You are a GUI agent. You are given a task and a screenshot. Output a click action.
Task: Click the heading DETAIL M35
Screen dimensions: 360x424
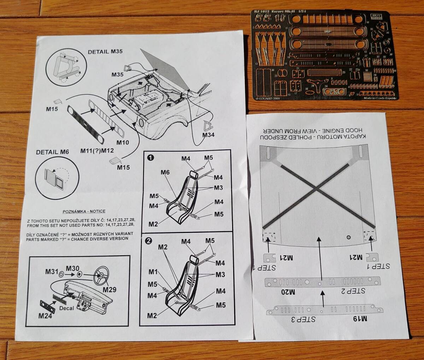pos(105,52)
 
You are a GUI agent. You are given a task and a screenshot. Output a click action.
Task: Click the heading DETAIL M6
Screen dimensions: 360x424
pos(52,152)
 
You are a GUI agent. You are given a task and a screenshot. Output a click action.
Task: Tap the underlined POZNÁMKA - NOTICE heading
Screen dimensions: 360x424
pos(84,211)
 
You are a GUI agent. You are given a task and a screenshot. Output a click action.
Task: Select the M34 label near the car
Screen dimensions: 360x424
pos(208,134)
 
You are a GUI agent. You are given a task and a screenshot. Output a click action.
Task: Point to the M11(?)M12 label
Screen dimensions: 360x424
pos(97,151)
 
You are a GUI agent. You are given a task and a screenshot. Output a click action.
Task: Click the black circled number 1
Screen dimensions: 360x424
pos(151,158)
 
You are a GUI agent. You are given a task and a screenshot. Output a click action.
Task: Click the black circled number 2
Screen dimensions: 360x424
pos(149,241)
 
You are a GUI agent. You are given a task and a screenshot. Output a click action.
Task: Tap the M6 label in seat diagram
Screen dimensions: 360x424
pos(165,172)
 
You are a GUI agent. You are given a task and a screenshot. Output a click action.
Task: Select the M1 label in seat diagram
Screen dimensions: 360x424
pos(153,272)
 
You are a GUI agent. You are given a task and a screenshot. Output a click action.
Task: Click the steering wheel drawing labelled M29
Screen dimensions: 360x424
pos(101,275)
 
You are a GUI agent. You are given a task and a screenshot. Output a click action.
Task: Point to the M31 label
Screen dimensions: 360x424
pos(52,271)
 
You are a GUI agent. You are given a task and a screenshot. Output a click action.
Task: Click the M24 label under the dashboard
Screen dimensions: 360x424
pos(45,315)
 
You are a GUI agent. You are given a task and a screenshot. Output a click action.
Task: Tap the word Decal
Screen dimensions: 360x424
pos(67,308)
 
